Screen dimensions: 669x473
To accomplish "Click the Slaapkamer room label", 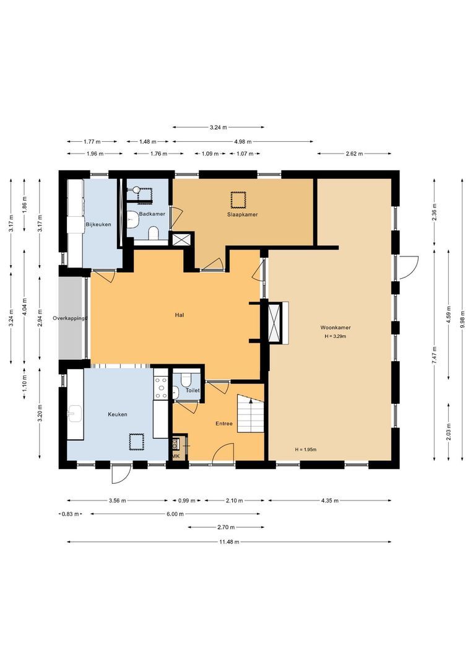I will pos(241,214).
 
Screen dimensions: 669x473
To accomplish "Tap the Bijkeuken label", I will pos(98,224).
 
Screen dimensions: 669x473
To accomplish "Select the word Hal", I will pos(180,315).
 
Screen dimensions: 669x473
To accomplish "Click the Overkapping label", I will pos(70,318).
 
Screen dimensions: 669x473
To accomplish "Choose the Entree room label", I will pos(223,424).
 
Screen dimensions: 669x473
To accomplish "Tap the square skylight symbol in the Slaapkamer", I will pos(238,199).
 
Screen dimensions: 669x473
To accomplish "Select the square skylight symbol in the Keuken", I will pos(136,442).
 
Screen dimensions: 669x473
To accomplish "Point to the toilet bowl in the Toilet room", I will pos(176,391).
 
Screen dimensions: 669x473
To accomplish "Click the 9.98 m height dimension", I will pos(462,327).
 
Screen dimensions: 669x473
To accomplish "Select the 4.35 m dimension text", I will pos(329,501).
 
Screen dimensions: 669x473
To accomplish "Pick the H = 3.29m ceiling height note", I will pos(335,336).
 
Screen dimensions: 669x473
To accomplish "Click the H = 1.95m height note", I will pos(305,450).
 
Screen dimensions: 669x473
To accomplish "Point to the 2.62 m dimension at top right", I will pos(354,154).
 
